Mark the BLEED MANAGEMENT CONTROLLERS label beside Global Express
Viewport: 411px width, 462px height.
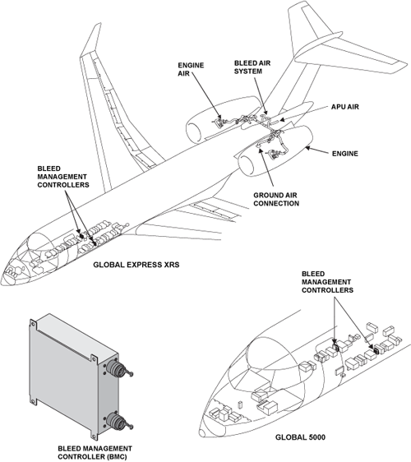tap(63, 178)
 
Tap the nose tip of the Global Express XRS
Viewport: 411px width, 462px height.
tap(7, 271)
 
